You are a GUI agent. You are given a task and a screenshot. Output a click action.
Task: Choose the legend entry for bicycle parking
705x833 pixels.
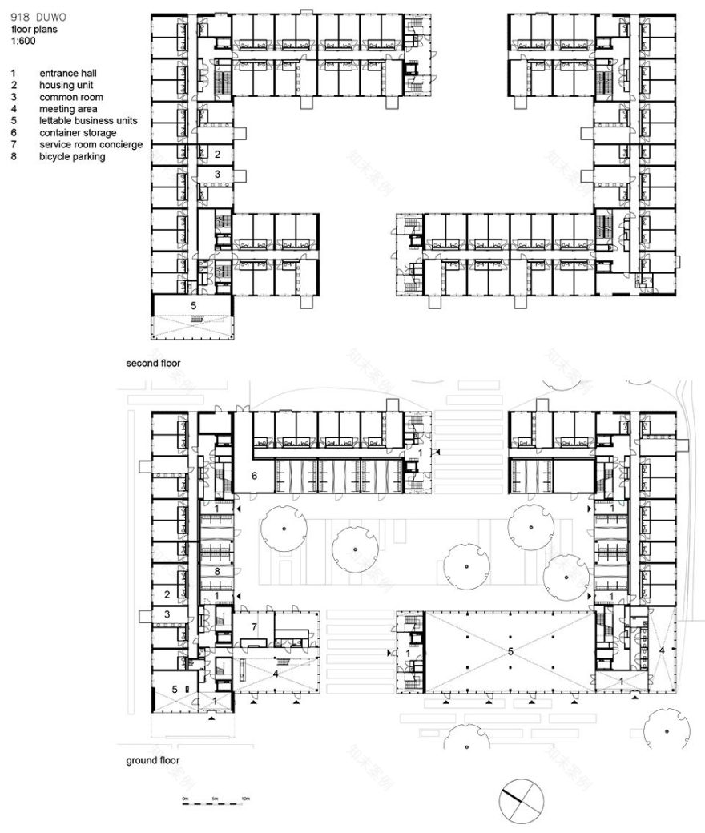click(x=72, y=157)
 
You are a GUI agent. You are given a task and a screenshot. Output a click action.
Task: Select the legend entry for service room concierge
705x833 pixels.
click(x=91, y=145)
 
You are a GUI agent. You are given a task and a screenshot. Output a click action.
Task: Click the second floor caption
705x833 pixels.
click(x=153, y=363)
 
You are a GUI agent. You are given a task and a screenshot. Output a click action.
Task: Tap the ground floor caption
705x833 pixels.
click(x=152, y=760)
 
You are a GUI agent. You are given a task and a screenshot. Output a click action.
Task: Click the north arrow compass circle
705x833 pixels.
click(x=521, y=798)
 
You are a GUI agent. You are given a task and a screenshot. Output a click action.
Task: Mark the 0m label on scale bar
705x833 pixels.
click(x=184, y=799)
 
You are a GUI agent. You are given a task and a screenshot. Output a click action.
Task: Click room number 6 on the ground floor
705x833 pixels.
click(x=254, y=476)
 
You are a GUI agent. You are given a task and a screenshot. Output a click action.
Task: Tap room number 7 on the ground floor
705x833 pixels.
click(x=254, y=626)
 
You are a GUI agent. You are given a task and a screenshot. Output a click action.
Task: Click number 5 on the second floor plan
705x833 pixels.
click(x=192, y=305)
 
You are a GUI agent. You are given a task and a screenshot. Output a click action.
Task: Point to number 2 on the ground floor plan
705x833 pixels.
click(x=167, y=594)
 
